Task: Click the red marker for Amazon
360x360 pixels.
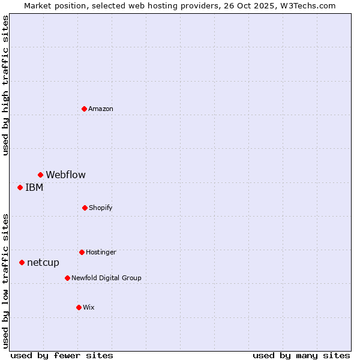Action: point(84,109)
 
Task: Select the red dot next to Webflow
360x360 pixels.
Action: point(40,175)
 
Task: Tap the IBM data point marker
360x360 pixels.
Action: point(20,187)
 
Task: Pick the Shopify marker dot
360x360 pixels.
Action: point(85,208)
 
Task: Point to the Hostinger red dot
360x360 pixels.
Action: point(82,252)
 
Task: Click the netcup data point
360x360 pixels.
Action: point(22,262)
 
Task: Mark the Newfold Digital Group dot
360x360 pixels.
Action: point(67,278)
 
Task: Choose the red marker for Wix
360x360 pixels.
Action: point(79,307)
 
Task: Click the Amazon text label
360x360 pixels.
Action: point(101,109)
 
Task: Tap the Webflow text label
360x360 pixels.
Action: point(66,175)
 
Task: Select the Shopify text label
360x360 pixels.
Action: point(101,208)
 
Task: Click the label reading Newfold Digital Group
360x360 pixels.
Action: point(107,278)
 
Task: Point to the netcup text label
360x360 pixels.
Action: point(43,262)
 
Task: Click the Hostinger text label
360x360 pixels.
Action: point(101,252)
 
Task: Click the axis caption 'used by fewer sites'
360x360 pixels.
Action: point(62,355)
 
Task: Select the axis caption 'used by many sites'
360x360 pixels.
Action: point(301,355)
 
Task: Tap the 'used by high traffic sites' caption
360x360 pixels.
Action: point(5,85)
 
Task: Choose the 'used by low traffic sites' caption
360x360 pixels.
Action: point(5,281)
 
